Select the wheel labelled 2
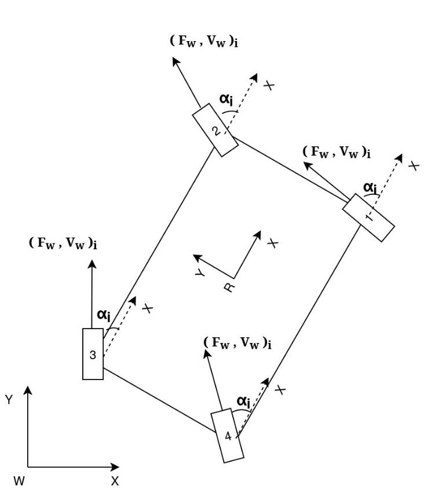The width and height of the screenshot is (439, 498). [x=215, y=130]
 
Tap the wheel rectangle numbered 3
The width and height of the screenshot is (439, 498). [x=93, y=354]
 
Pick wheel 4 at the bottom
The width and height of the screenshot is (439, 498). [x=227, y=436]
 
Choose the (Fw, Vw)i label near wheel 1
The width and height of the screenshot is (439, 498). [x=336, y=153]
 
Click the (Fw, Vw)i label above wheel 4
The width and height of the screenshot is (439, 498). [x=238, y=342]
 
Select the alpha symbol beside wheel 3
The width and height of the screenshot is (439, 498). [x=104, y=315]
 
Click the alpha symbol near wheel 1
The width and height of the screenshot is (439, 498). [x=370, y=187]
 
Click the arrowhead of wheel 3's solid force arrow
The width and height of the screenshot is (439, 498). [x=93, y=264]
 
